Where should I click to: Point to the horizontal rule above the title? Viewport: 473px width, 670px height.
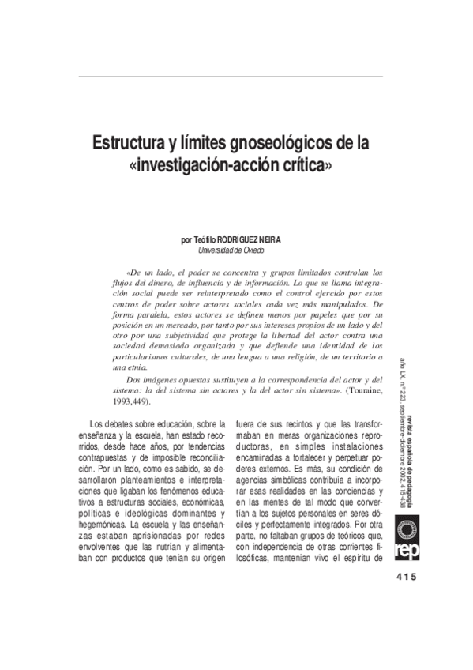click(231, 77)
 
